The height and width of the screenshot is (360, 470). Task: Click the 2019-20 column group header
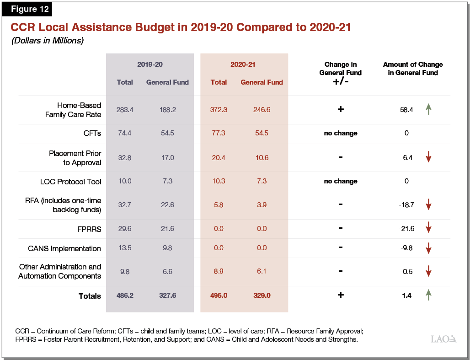point(150,64)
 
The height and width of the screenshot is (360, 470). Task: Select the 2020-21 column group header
point(243,64)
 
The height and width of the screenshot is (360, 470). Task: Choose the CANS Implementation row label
point(64,248)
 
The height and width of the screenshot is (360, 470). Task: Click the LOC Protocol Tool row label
point(70,181)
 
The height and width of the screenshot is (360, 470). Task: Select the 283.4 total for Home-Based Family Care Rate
point(124,110)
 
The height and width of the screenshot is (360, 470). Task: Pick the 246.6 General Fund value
point(262,110)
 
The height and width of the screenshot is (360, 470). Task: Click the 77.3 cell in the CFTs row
point(219,133)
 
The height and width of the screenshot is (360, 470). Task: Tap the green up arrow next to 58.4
point(428,109)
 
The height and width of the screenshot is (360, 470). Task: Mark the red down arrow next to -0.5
point(428,271)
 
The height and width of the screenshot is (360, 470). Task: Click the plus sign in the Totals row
point(341,295)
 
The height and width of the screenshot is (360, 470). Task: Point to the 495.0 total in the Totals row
point(219,296)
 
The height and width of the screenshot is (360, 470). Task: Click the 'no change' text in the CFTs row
point(341,133)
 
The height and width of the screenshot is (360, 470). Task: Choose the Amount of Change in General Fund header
point(413,69)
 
